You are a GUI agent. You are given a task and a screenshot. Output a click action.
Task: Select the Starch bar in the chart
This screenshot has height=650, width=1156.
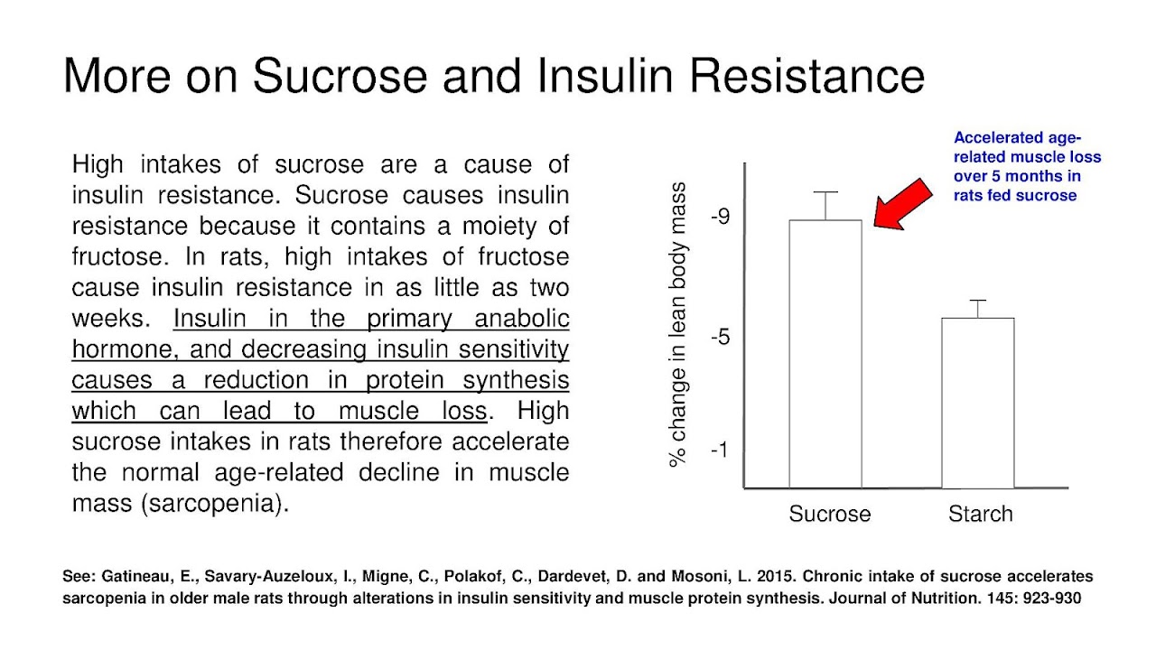click(977, 403)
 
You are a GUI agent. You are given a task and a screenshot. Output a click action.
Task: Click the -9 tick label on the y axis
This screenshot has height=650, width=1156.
click(720, 217)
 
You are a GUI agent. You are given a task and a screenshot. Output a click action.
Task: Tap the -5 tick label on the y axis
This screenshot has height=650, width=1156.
click(720, 338)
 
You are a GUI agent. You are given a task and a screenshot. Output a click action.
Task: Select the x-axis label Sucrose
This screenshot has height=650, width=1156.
click(829, 515)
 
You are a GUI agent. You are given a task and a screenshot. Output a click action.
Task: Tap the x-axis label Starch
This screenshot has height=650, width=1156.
click(980, 515)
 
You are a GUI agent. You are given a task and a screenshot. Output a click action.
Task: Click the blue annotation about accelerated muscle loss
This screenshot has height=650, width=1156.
click(1027, 166)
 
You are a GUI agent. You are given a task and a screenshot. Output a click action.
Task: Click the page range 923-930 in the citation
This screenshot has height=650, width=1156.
click(1049, 598)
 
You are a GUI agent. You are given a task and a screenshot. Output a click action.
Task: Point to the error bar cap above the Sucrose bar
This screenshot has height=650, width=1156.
click(825, 192)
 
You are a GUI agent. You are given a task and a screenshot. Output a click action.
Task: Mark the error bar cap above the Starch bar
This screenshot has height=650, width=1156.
click(977, 301)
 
